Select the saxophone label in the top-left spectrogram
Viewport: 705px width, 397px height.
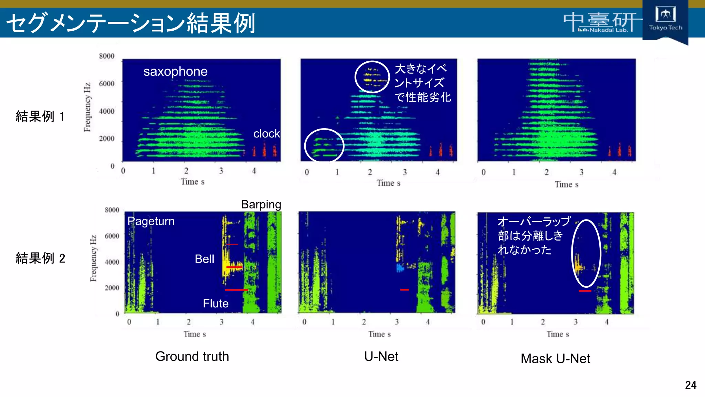(175, 71)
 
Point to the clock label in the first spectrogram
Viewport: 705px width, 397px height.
(266, 133)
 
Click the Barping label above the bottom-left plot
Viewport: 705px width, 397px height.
(261, 204)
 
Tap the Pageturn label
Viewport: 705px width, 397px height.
(151, 221)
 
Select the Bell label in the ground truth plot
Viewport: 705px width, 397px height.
(204, 259)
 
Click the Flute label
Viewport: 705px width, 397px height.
(215, 303)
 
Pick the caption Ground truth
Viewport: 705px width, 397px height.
(192, 356)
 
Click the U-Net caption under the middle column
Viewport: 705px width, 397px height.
(381, 356)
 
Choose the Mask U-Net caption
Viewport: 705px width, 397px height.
(555, 359)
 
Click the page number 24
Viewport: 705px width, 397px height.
(691, 385)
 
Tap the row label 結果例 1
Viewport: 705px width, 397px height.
(40, 116)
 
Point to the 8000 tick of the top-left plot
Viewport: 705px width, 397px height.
(107, 56)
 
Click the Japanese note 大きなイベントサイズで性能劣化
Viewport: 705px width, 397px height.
(422, 83)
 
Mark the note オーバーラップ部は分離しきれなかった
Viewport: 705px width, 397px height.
(533, 235)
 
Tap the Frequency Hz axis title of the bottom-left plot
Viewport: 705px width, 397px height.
(93, 258)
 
